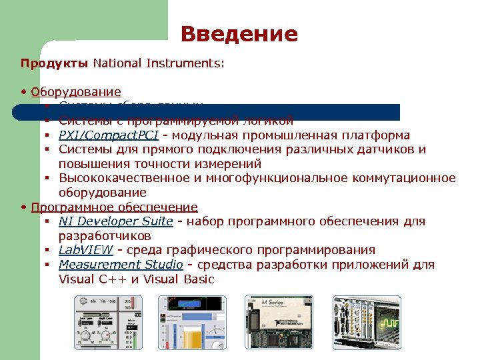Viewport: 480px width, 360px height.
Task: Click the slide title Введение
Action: pos(239,34)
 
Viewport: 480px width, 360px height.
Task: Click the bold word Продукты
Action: pos(54,64)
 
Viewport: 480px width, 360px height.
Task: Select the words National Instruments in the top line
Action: pos(157,64)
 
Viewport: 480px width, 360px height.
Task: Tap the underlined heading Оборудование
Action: pos(76,92)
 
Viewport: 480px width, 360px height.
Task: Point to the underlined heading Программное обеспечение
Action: pos(114,207)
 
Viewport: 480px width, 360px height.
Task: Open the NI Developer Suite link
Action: pos(115,221)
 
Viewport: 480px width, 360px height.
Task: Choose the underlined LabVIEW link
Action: pos(87,250)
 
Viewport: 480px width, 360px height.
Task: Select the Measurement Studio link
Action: pos(120,265)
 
